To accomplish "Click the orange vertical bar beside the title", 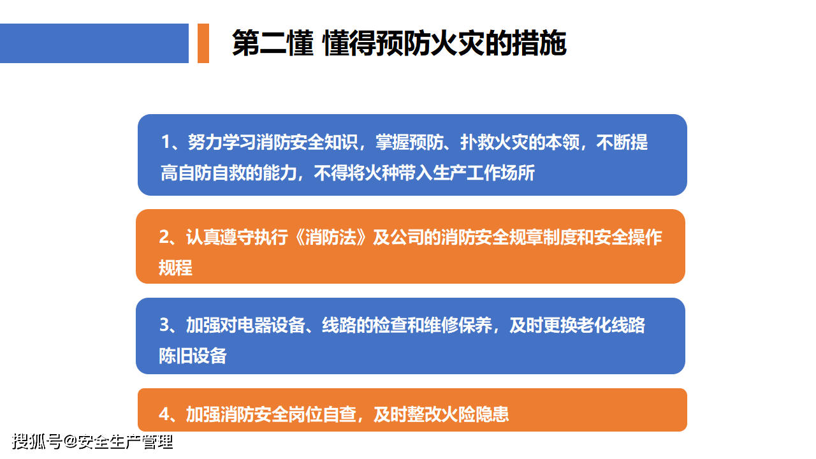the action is click(x=203, y=43).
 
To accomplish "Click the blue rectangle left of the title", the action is click(x=94, y=43).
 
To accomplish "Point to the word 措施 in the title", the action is click(x=539, y=43).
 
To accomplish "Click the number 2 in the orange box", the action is click(x=164, y=237).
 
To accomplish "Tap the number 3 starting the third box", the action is click(x=164, y=325).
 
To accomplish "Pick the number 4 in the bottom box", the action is click(x=164, y=414).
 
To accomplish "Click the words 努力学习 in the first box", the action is click(x=221, y=142).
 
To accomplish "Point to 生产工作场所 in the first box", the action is click(x=484, y=173).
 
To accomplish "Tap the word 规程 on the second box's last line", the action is click(x=175, y=268).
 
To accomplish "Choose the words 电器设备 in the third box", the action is click(x=271, y=325).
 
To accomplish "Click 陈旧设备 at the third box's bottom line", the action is click(x=193, y=356).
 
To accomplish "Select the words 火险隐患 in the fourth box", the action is click(x=475, y=414).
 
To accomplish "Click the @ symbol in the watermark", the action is click(x=70, y=442).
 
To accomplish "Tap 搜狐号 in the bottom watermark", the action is click(x=37, y=442).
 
